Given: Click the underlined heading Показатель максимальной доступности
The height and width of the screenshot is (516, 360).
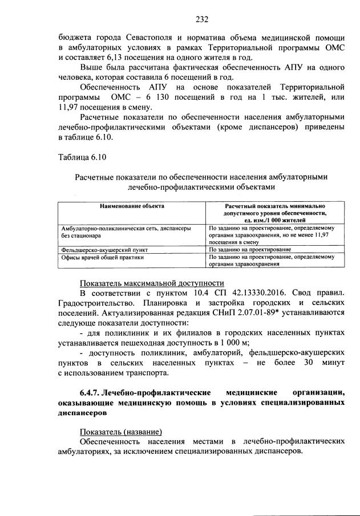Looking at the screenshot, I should coord(152,283).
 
